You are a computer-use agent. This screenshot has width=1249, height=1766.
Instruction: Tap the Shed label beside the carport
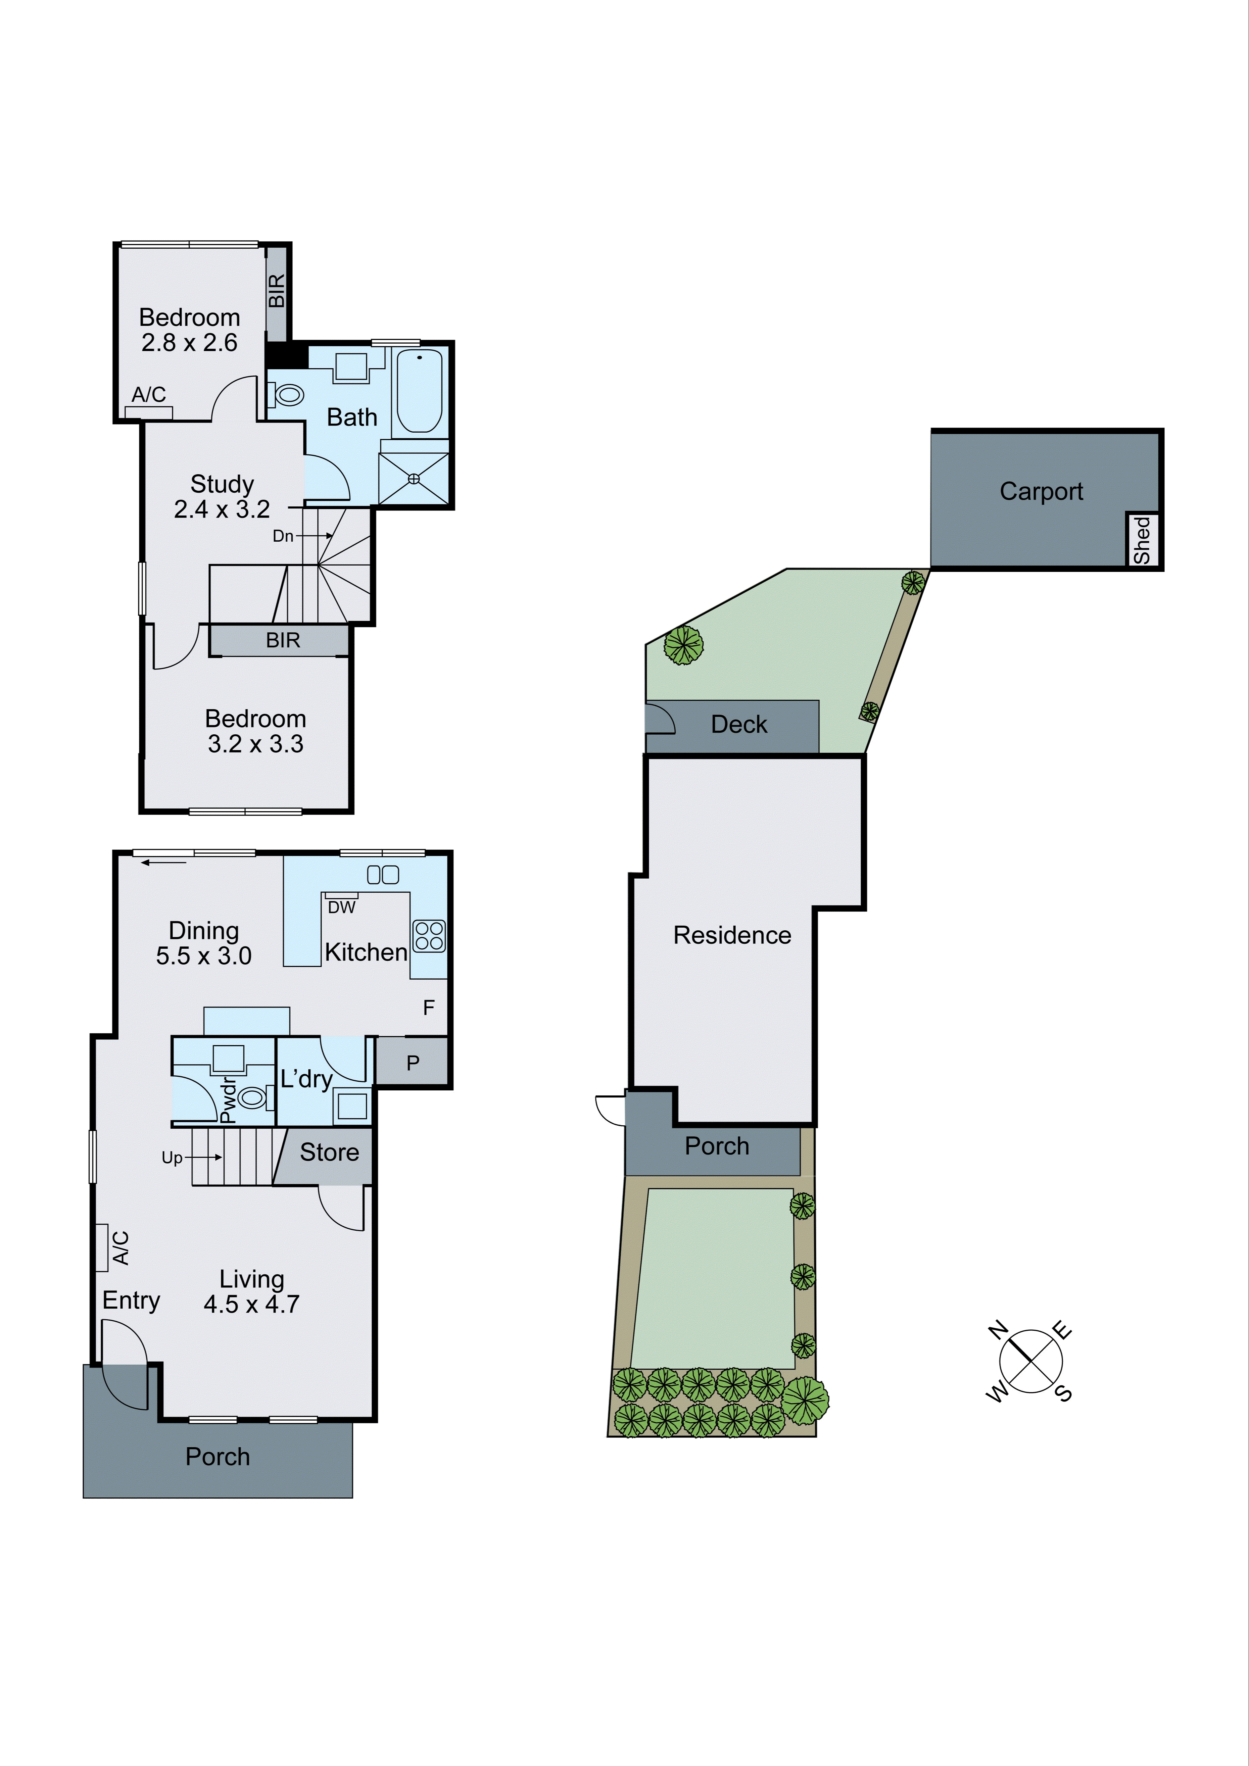point(1142,540)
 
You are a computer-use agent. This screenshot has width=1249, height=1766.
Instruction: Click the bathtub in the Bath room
point(419,391)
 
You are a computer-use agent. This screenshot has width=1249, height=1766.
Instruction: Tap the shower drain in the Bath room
point(414,479)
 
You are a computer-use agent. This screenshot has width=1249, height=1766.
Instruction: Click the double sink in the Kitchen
point(383,875)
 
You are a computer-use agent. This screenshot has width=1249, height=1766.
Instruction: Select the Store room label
point(329,1152)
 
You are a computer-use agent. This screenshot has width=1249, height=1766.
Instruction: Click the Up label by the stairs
point(172,1158)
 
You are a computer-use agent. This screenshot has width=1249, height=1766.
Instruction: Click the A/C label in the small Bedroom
point(148,395)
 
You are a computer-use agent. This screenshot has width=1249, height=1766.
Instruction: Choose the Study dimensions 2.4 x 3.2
point(222,509)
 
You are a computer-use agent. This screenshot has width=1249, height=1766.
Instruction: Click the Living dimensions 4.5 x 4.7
point(251,1305)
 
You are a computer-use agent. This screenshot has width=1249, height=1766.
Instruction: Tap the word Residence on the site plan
point(732,935)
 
